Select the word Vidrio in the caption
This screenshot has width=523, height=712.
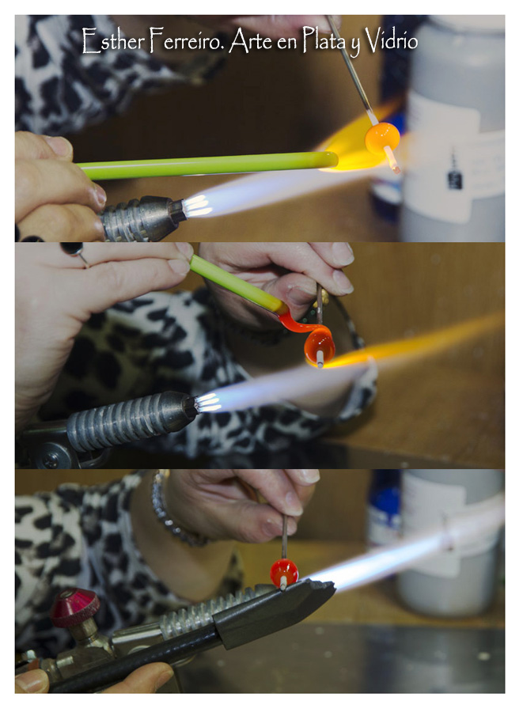392,40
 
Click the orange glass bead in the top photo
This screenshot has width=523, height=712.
382,138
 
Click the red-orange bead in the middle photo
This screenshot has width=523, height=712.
320,347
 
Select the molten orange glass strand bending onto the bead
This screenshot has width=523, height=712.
300,326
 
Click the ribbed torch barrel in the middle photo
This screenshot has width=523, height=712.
131,421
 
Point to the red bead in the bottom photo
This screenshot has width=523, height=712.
284,573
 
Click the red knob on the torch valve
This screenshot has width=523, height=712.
74,607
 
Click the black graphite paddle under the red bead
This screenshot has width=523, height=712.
272,611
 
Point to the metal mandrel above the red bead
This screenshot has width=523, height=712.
284,536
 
